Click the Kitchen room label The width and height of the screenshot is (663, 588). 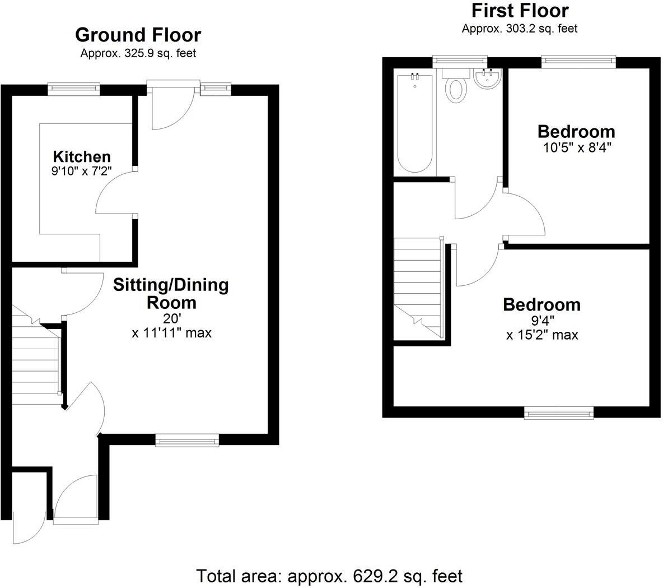tap(82, 156)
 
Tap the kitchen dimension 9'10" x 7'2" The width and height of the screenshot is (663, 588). tap(82, 172)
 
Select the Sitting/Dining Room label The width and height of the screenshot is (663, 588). tap(171, 294)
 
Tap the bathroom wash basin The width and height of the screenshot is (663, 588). tap(487, 79)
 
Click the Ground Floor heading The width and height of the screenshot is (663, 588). tap(138, 35)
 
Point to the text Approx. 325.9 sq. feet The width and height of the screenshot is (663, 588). tap(138, 54)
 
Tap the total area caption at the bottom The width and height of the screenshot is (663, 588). tap(329, 576)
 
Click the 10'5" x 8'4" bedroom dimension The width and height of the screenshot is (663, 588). tap(576, 148)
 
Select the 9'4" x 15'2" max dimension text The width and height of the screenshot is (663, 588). tap(542, 328)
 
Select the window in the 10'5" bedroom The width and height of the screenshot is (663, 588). tap(578, 60)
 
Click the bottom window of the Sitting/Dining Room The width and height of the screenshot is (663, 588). tap(187, 441)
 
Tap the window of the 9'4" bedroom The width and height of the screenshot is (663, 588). tap(559, 414)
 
